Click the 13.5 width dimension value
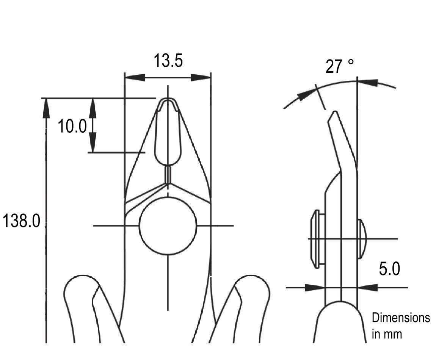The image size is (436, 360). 168,61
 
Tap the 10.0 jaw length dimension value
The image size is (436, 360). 72,126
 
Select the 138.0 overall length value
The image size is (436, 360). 21,221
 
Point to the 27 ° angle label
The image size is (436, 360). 340,66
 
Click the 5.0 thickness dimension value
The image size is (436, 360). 390,269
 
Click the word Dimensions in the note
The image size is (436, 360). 401,318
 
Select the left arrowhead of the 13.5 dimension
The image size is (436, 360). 135,78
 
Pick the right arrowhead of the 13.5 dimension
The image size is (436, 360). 201,78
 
